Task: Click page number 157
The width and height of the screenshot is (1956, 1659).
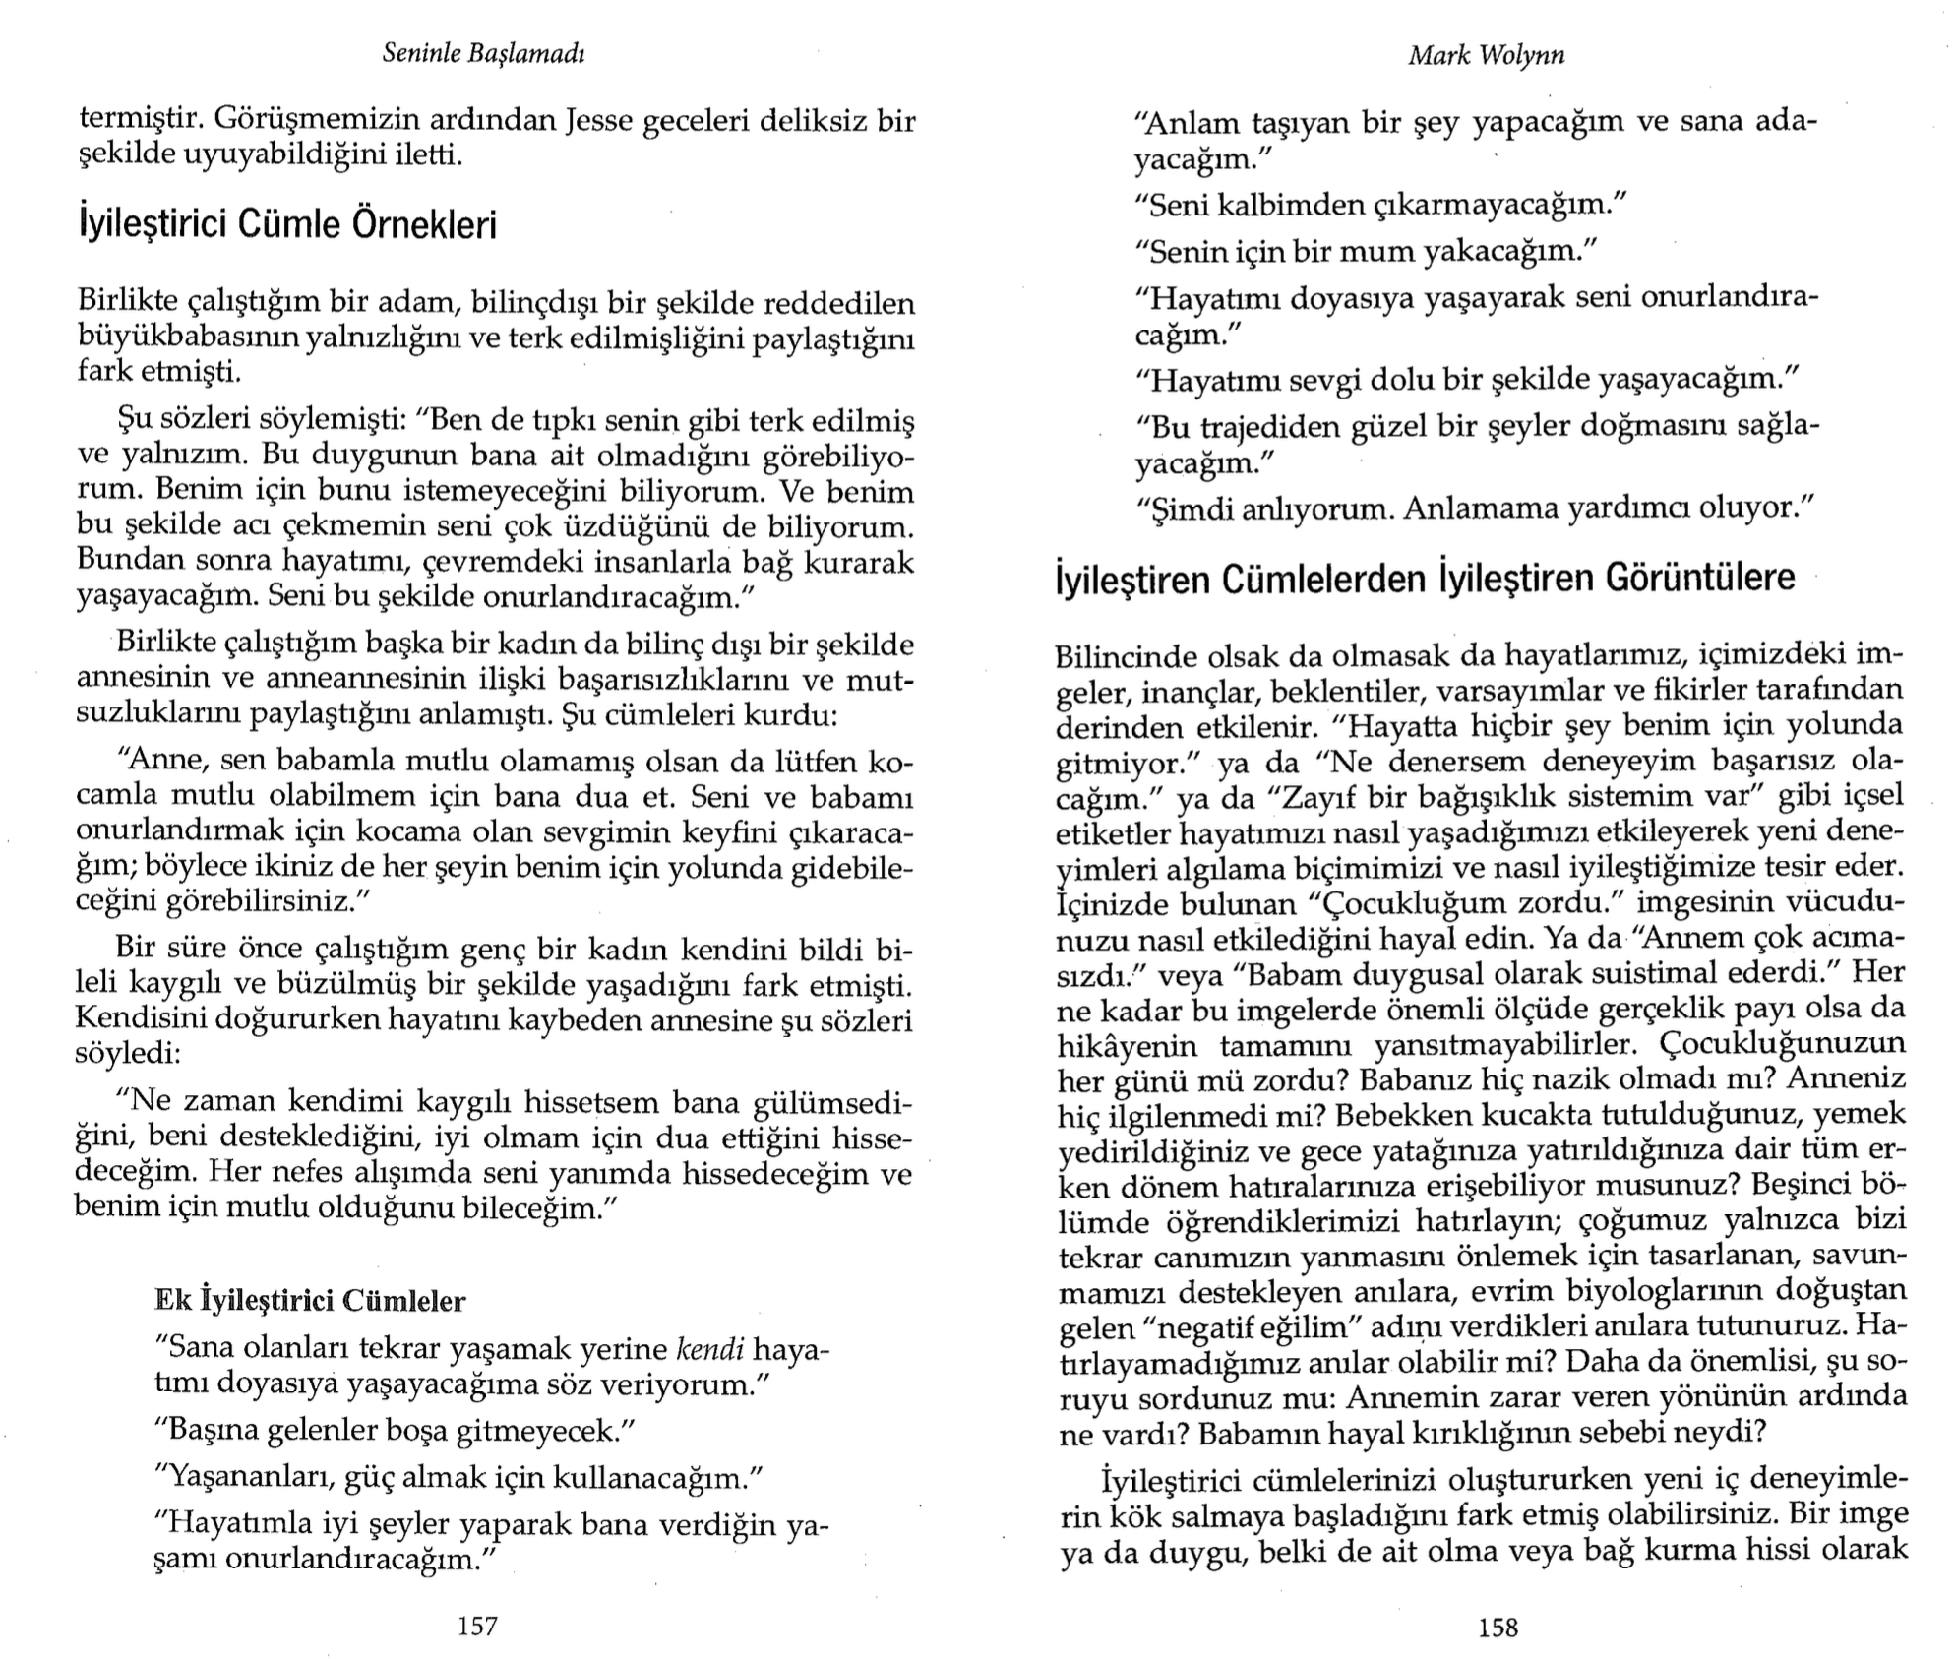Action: pyautogui.click(x=478, y=1627)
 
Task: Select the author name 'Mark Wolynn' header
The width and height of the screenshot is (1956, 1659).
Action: pyautogui.click(x=1487, y=56)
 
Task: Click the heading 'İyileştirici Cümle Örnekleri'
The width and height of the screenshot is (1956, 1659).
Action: pyautogui.click(x=287, y=224)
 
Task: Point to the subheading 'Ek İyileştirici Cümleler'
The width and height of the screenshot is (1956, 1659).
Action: pyautogui.click(x=310, y=1301)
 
